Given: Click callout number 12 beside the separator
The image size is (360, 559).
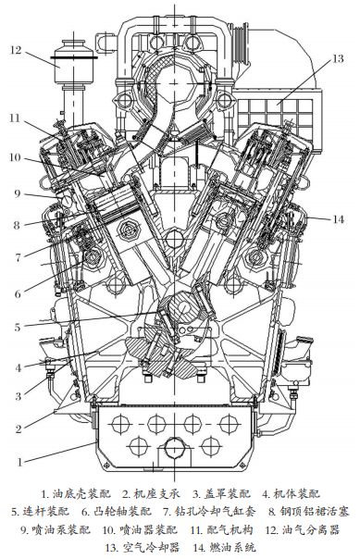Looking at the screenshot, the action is pos(16,50).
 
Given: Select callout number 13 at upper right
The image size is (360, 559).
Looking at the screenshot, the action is pos(337,58).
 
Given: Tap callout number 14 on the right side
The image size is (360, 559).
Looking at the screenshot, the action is pos(339,219).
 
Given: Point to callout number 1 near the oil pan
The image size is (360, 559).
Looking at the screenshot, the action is pos(20,462).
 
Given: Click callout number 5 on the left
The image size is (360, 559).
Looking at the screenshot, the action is pos(18,327).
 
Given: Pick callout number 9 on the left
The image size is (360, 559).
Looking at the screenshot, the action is pos(18,194).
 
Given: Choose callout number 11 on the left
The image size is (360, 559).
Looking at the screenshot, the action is pos(15,118).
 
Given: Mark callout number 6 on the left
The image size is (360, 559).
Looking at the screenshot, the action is pos(18,294).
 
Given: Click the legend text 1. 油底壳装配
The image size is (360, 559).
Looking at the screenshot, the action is pos(76,494).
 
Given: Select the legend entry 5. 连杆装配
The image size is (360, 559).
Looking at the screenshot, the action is pos(40,512).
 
